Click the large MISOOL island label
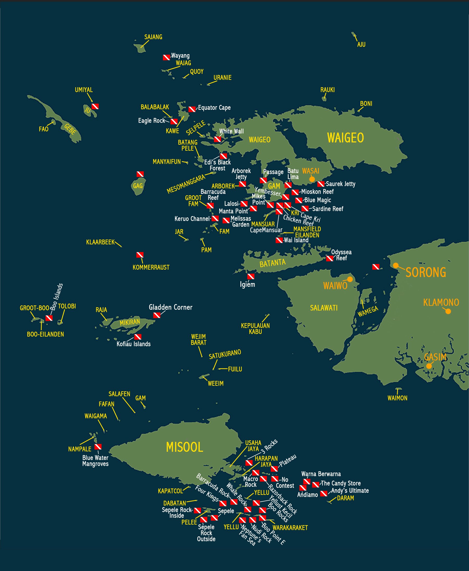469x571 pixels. coord(184,447)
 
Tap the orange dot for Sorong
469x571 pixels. coord(396,265)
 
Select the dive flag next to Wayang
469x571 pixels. coord(166,57)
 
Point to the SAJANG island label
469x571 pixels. coord(153,37)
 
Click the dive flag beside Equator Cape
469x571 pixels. coord(192,109)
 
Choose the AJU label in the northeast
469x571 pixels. coord(361,45)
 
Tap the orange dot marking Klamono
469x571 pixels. coord(448,311)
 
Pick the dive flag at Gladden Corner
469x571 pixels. coord(157,315)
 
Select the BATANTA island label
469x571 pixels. coord(272,263)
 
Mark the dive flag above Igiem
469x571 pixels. coord(251,276)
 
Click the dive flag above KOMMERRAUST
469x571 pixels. coord(140,255)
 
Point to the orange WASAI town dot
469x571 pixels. coord(312,179)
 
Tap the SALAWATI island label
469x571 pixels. coord(324,308)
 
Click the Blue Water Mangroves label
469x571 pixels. coord(95,461)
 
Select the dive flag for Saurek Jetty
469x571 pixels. coord(321,184)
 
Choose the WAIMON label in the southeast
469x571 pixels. coord(397,398)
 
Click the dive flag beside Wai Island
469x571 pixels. coord(279,240)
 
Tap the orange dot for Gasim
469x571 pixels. coord(429,366)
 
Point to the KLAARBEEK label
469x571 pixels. coord(100,242)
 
